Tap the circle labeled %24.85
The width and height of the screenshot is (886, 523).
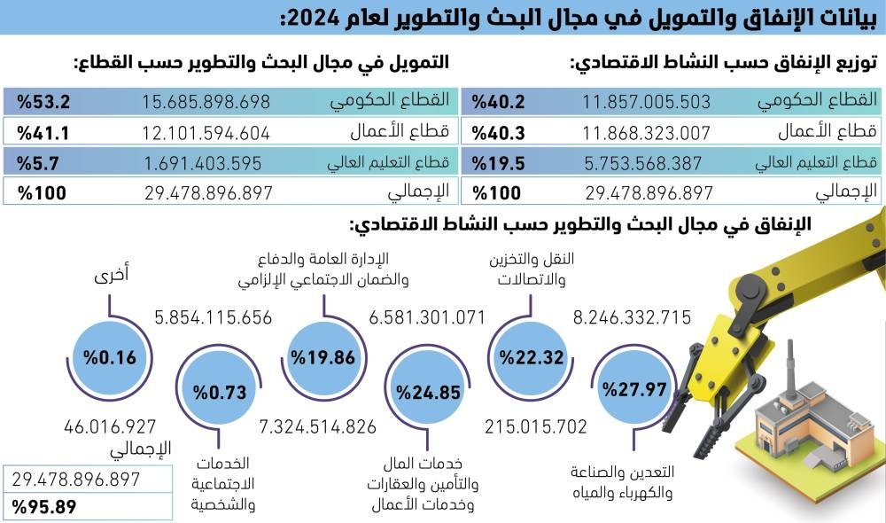tap(428, 391)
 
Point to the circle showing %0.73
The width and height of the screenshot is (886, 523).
tap(216, 391)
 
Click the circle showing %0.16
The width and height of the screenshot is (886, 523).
tap(110, 358)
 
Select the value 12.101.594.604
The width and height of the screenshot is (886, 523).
tap(206, 133)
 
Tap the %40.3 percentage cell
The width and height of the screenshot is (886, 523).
tap(500, 133)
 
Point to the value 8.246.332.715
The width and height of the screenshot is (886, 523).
tap(632, 317)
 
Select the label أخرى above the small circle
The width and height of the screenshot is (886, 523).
tap(112, 276)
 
